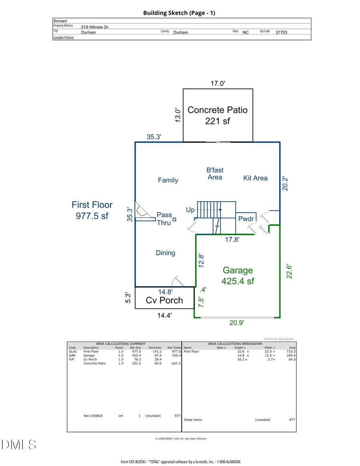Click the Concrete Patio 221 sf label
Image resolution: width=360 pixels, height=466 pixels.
(x=218, y=115)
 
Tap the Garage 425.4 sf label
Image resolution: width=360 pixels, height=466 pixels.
(x=238, y=276)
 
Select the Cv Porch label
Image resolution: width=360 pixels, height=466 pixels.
(x=164, y=300)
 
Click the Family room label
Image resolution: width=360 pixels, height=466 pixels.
(x=168, y=180)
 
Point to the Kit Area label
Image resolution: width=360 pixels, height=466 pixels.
(x=255, y=178)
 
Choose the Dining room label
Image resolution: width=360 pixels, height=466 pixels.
(x=166, y=253)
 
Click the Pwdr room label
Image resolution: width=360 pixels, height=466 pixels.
(x=245, y=219)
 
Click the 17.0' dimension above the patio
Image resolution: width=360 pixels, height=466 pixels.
(x=218, y=84)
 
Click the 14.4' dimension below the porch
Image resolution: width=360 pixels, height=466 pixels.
(x=164, y=315)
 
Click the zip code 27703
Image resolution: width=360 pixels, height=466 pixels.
(x=281, y=32)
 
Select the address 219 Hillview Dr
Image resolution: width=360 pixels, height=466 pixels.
(x=95, y=27)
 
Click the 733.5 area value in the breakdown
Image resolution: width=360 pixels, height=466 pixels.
(x=289, y=352)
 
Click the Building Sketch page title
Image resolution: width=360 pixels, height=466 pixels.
(x=179, y=13)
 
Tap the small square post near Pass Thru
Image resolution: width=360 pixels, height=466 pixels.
(x=174, y=219)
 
